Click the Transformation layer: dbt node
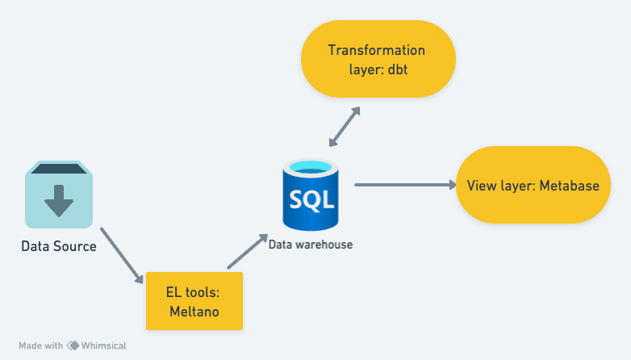(378, 60)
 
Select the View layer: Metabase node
(533, 186)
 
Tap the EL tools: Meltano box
(194, 301)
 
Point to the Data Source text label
(59, 246)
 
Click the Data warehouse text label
(311, 244)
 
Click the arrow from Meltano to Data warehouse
(248, 252)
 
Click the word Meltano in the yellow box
(194, 311)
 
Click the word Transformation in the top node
(376, 50)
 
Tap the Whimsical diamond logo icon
(73, 345)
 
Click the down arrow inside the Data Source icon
(58, 200)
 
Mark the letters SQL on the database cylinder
(311, 198)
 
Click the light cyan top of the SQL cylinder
(311, 168)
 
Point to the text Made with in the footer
(40, 345)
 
